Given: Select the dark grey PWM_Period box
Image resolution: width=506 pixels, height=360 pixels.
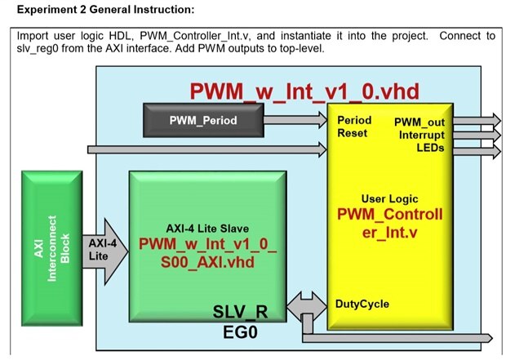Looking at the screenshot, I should coord(203,121).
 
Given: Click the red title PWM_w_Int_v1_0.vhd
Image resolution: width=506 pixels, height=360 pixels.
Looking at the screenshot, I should coord(291,90).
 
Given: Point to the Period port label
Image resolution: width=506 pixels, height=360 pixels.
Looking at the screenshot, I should coord(354,119).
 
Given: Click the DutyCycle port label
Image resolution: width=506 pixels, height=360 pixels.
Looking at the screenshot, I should coord(362,304).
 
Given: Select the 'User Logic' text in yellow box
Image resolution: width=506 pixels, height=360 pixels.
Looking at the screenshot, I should coord(390,198).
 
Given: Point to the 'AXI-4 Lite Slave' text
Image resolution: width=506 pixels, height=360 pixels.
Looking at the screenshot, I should coord(207,229).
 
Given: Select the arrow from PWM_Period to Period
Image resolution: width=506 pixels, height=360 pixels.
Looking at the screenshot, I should coord(295,121).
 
